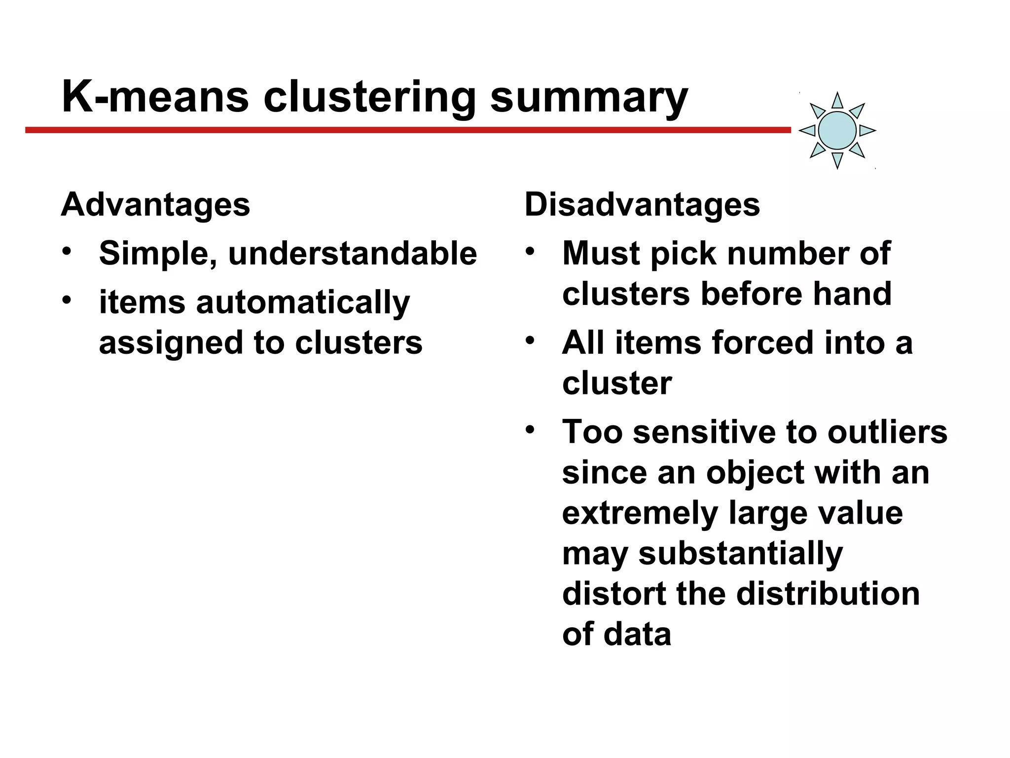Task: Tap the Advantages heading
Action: [x=155, y=204]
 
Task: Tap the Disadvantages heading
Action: [x=642, y=204]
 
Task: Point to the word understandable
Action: [x=353, y=254]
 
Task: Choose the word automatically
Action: [x=303, y=303]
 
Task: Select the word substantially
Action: [x=740, y=554]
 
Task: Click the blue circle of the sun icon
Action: [x=837, y=130]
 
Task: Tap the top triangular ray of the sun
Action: [x=837, y=101]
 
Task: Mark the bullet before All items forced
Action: [x=530, y=340]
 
